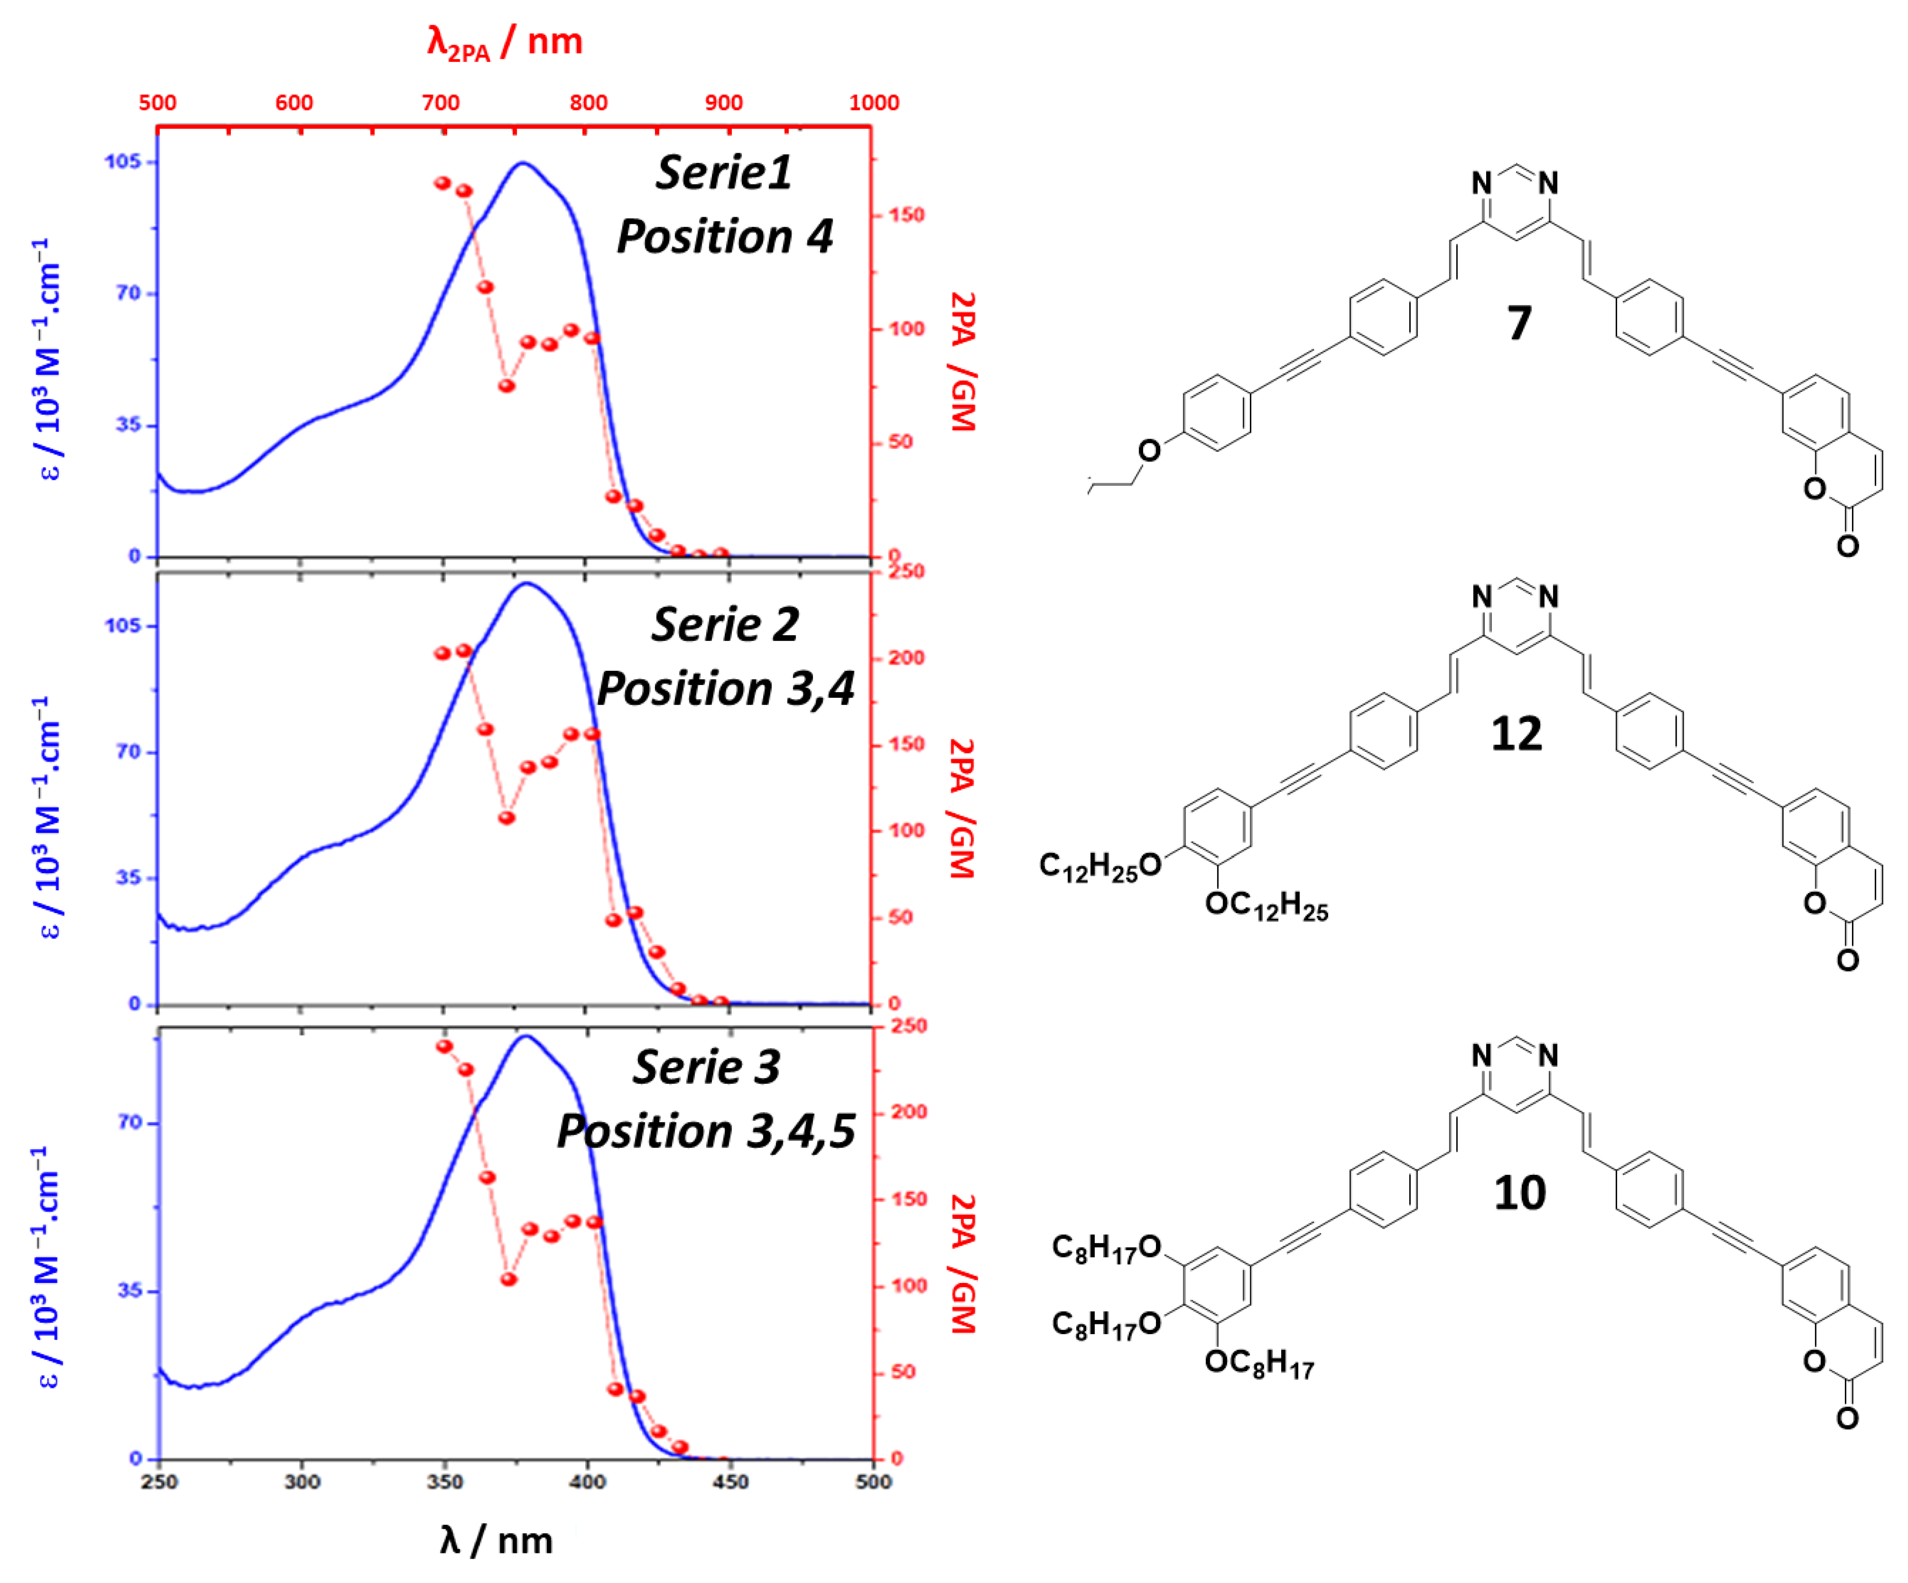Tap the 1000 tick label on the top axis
point(873,103)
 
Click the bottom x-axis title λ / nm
point(496,1540)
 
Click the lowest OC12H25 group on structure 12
point(1267,906)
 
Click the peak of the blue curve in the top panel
point(523,164)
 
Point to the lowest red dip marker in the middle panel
point(507,818)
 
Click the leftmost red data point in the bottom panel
point(444,1047)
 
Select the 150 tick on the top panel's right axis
point(906,215)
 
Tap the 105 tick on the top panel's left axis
point(124,162)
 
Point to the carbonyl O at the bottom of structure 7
point(1847,545)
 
